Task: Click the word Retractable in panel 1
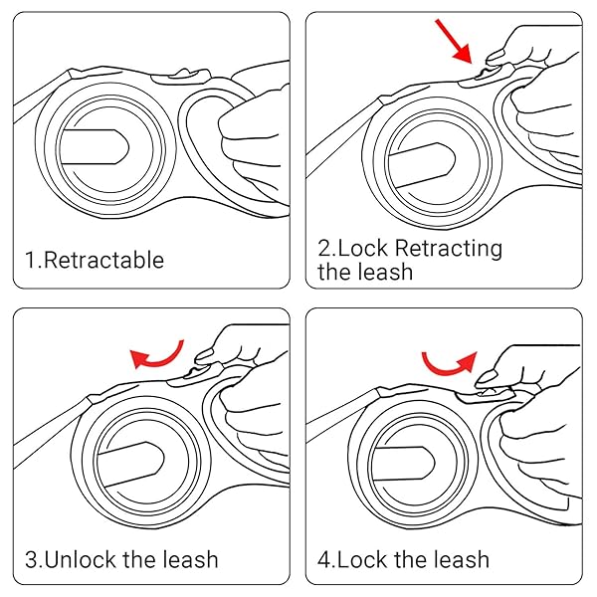pyautogui.click(x=104, y=261)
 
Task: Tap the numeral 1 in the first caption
pyautogui.click(x=30, y=261)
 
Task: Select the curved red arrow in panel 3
pyautogui.click(x=159, y=352)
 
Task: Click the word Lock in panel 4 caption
pyautogui.click(x=365, y=558)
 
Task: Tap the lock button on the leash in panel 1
pyautogui.click(x=177, y=73)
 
